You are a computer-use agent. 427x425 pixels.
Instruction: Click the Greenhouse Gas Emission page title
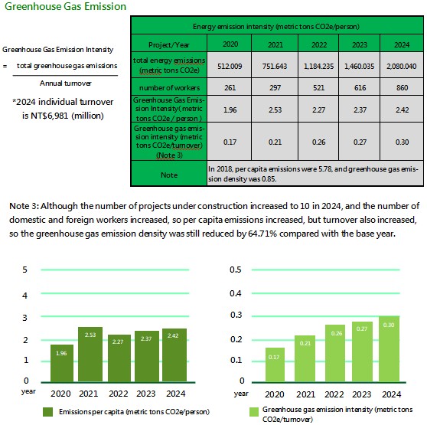pos(65,6)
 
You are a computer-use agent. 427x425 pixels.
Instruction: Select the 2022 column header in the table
pos(318,44)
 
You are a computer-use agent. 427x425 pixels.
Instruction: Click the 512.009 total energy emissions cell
pos(230,66)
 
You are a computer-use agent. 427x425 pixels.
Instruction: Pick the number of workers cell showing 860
pos(402,87)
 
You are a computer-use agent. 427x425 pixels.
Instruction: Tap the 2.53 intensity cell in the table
pos(275,110)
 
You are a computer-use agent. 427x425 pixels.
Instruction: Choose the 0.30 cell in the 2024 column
pos(402,142)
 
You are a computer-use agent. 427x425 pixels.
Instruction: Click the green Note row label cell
pos(169,175)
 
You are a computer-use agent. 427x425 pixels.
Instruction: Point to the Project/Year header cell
pos(169,44)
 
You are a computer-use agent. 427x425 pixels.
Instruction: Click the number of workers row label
pos(169,87)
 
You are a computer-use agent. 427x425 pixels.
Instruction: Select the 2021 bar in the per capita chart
pos(90,354)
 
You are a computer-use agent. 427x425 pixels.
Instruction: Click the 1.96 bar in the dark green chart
pos(62,363)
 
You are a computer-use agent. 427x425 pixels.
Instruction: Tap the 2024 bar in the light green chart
pos(389,349)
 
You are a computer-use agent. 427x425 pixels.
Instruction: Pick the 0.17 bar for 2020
pos(275,365)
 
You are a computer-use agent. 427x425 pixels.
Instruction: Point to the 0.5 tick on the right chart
pos(235,270)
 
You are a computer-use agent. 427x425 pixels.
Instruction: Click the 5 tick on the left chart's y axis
pos(24,270)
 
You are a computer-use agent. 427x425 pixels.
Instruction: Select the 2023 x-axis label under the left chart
pos(146,394)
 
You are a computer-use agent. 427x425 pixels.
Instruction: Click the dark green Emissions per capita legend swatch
pos(47,412)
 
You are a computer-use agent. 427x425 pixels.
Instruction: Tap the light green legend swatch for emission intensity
pos(254,412)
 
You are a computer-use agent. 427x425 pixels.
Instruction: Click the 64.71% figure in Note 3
pos(262,234)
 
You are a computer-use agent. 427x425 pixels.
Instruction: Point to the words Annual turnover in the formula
pos(65,83)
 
